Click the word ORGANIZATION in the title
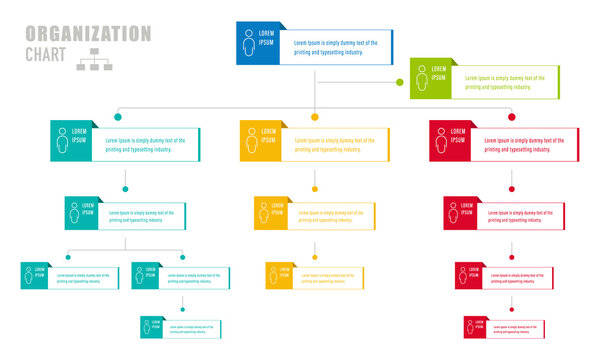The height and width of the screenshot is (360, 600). click(88, 34)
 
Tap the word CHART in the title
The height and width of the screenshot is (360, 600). click(49, 54)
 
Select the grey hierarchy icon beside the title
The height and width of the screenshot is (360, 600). click(95, 59)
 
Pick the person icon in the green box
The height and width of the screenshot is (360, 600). click(421, 78)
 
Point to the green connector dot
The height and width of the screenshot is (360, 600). click(400, 82)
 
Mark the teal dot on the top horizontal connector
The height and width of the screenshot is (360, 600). click(118, 117)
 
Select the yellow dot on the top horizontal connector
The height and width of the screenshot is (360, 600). click(315, 117)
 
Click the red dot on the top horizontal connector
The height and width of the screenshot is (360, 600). click(512, 117)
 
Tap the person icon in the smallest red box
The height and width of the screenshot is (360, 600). click(472, 327)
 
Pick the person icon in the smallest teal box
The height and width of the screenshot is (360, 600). click(147, 327)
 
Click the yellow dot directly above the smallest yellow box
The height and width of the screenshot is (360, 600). click(315, 257)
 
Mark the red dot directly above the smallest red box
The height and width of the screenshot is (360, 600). click(512, 309)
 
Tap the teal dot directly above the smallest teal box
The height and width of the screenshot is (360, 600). click(182, 309)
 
